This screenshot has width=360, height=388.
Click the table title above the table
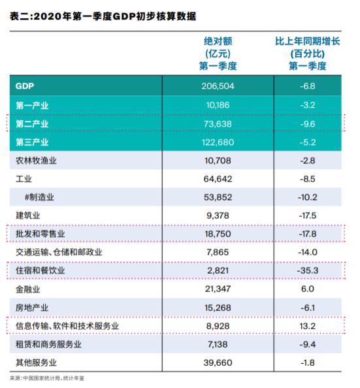point(103,16)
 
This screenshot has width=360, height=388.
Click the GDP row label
point(25,86)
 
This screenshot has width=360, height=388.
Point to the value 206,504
point(218,86)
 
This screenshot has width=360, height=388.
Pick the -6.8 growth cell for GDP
point(308,86)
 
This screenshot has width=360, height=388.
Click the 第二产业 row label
point(32,123)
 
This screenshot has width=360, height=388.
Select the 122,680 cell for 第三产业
point(218,142)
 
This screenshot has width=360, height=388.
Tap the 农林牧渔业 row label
point(36,161)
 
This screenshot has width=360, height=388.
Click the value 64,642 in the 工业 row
point(218,179)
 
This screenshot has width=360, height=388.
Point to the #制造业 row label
point(39,197)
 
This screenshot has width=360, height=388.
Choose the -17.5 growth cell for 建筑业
point(308,216)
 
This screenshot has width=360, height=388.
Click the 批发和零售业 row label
point(41,234)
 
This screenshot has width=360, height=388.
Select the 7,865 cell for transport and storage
point(218,252)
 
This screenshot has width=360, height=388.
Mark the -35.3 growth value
point(308,270)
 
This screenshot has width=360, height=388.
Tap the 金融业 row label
point(28,289)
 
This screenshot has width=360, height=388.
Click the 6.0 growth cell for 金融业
point(308,289)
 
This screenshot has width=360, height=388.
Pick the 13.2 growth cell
point(308,326)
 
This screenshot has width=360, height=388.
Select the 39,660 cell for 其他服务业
point(218,363)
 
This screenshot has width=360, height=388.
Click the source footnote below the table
point(47,378)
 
